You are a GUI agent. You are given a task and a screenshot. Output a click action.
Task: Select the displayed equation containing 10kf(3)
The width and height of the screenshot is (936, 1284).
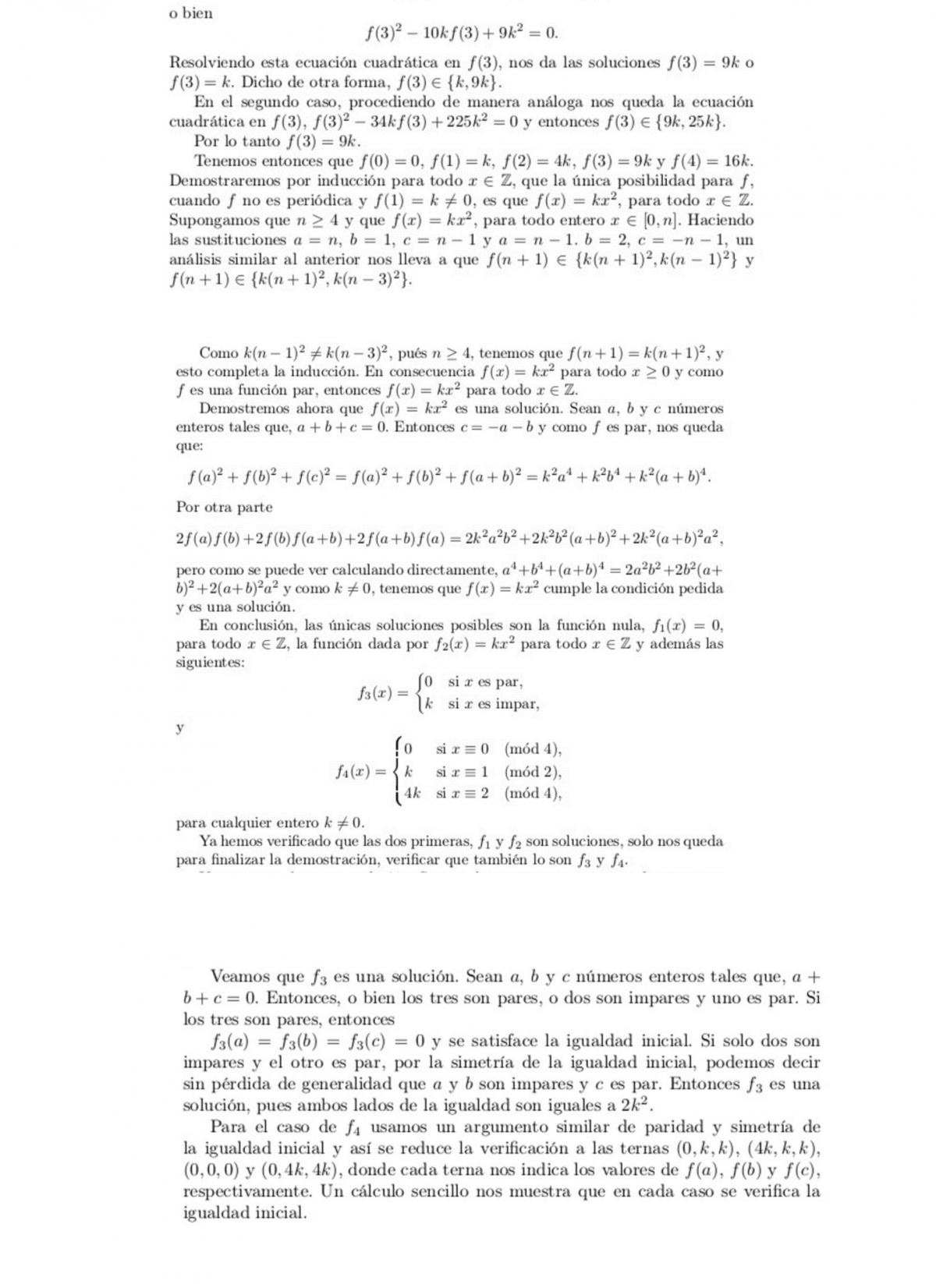[462, 34]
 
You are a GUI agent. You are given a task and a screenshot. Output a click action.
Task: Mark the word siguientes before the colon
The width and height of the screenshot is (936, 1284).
[208, 663]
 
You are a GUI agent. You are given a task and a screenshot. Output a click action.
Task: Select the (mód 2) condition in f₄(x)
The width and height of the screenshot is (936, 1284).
[533, 772]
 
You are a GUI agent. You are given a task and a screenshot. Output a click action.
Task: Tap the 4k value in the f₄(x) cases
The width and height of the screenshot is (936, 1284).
[412, 794]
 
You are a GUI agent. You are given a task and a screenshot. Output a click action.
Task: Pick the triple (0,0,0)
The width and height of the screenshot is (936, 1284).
[209, 1169]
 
